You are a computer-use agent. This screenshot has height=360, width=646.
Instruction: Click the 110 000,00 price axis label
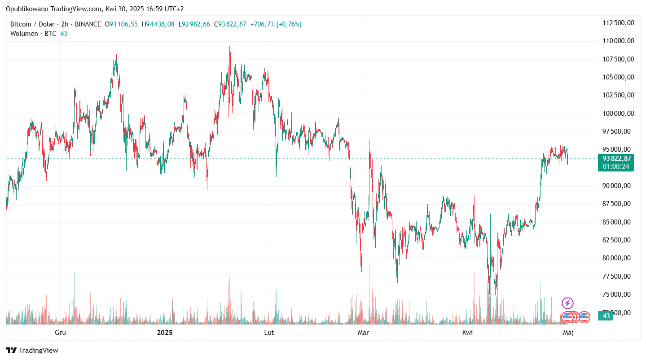[x=618, y=41]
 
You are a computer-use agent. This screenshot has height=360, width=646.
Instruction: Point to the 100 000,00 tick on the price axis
[x=618, y=113]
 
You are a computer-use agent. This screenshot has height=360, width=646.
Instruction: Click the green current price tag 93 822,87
[x=617, y=158]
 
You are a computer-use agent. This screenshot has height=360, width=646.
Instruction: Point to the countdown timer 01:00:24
[x=616, y=167]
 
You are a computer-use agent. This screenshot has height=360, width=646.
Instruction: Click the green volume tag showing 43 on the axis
[x=606, y=316]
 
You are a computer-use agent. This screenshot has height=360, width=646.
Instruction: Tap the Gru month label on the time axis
[x=60, y=333]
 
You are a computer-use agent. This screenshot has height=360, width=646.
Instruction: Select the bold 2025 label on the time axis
[x=165, y=333]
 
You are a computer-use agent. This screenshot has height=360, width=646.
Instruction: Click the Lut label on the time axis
[x=269, y=333]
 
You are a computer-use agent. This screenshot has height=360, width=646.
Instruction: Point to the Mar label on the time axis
[x=363, y=333]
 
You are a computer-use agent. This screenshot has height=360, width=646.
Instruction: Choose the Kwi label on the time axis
[x=468, y=333]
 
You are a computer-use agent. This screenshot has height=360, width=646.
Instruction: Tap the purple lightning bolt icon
[x=567, y=303]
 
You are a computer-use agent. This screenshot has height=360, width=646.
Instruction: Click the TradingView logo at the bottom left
[x=32, y=351]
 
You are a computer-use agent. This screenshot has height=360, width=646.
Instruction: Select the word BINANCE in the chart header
[x=88, y=24]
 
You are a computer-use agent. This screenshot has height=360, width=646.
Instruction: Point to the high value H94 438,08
[x=158, y=24]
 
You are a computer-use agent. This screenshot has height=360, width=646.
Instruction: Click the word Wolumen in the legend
[x=24, y=34]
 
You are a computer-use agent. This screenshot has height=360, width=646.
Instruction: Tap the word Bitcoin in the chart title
[x=21, y=24]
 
